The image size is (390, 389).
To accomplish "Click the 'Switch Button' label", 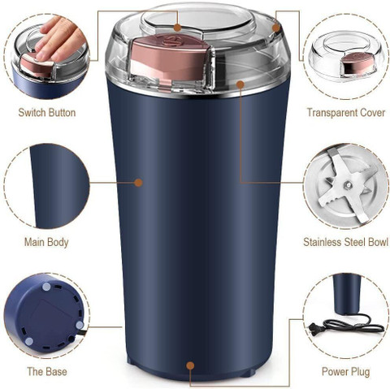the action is coord(47,113).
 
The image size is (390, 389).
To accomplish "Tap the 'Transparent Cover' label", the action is coord(346,113).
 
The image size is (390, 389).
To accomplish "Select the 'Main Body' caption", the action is coord(46,242).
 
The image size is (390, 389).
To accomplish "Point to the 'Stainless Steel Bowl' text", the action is coord(346,242).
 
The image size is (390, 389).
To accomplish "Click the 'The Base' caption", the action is coord(47,371).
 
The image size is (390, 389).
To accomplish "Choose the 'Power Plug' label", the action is coord(346,371).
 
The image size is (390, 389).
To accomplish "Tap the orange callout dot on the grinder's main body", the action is coord(138,183).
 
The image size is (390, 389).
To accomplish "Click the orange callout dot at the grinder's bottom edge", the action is coord(190,365).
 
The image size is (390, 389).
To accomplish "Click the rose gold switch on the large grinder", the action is coord(170,58).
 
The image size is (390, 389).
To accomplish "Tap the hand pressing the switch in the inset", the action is coord(58,38).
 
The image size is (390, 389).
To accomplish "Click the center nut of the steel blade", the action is coord(348,185).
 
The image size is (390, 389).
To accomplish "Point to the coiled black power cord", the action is coord(352,326).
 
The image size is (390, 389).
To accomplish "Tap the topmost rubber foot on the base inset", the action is coord(47,287).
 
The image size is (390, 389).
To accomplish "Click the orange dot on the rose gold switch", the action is coord(177,27).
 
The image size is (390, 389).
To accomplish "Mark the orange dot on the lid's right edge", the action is coord(275,28).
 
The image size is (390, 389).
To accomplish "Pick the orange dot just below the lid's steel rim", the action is coord(240,84).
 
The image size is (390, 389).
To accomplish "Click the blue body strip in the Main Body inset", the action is coord(59,187).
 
